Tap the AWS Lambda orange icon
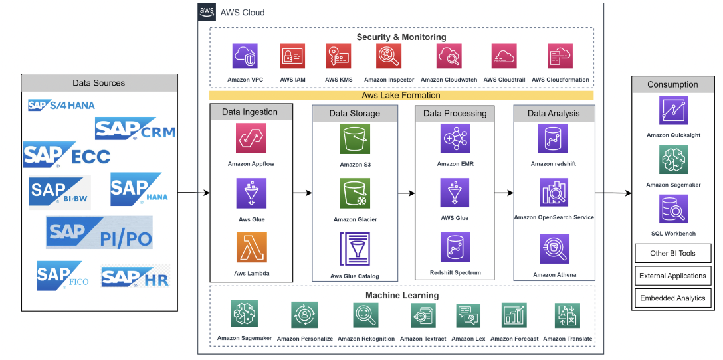pyautogui.click(x=251, y=248)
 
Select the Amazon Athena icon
pyautogui.click(x=554, y=250)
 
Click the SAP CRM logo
pyautogui.click(x=136, y=129)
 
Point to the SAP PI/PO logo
pyautogui.click(x=100, y=232)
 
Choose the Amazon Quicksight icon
pyautogui.click(x=673, y=110)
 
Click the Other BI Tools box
pyautogui.click(x=672, y=253)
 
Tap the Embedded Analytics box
pyautogui.click(x=672, y=298)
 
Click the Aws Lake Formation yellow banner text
pyautogui.click(x=401, y=95)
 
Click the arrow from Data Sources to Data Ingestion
pyautogui.click(x=193, y=193)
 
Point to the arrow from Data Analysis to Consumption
pyautogui.click(x=612, y=193)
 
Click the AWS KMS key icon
pyautogui.click(x=339, y=56)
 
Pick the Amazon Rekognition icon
pyautogui.click(x=365, y=315)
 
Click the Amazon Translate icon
pyautogui.click(x=567, y=315)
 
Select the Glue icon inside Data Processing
pyautogui.click(x=455, y=193)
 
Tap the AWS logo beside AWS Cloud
pyautogui.click(x=206, y=12)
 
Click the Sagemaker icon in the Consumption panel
pyautogui.click(x=673, y=160)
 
